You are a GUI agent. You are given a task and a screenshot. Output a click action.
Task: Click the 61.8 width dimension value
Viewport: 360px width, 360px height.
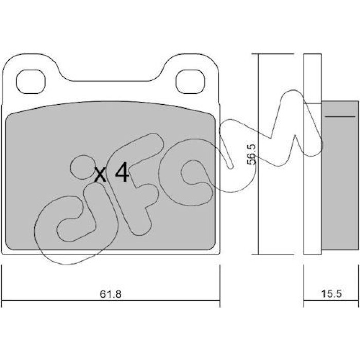pos(111,294)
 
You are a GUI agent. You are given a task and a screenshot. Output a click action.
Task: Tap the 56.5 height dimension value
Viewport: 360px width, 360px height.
pos(251,154)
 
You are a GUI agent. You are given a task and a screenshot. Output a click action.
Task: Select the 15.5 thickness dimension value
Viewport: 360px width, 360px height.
pos(332,294)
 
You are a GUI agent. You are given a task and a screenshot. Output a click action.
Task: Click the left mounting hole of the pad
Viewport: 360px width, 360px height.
pos(31,82)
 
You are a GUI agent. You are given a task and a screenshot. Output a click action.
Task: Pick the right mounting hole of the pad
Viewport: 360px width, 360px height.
pos(190,82)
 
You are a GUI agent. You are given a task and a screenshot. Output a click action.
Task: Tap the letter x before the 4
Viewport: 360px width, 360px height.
pos(101,174)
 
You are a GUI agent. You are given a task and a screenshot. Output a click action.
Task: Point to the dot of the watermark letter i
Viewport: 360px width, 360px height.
pos(83,167)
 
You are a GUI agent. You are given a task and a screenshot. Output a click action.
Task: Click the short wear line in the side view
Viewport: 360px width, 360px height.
pos(340,117)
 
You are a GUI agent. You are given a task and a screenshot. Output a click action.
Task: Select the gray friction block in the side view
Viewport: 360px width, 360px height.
pos(340,175)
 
